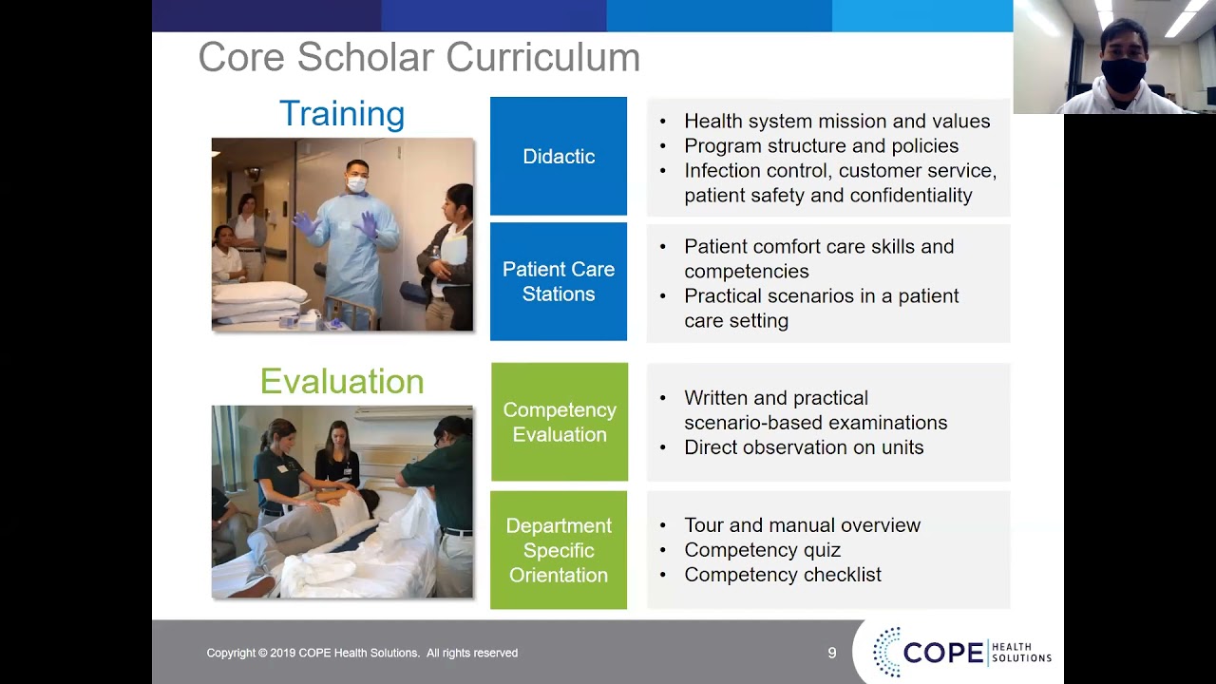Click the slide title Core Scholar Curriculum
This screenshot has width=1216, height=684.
tap(418, 58)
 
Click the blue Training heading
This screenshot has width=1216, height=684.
tap(342, 114)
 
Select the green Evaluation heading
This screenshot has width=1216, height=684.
tap(342, 382)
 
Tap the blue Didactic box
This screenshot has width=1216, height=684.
tap(559, 157)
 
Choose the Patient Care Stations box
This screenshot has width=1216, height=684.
tap(559, 282)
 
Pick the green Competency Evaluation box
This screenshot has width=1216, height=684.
tap(560, 422)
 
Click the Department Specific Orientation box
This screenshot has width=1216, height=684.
tap(559, 550)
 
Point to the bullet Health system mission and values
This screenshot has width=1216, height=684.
tap(836, 122)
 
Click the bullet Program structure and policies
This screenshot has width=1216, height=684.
tap(821, 146)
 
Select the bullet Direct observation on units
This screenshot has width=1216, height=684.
tap(804, 447)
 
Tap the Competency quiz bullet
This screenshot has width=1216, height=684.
tap(762, 550)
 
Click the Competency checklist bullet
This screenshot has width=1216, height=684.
tap(783, 575)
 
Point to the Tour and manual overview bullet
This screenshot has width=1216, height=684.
tap(802, 525)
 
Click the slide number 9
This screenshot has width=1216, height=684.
tap(832, 654)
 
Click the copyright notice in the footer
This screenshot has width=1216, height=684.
tap(362, 654)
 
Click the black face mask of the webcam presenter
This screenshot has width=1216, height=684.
tap(1124, 75)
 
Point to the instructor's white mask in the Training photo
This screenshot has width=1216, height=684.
tap(356, 184)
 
